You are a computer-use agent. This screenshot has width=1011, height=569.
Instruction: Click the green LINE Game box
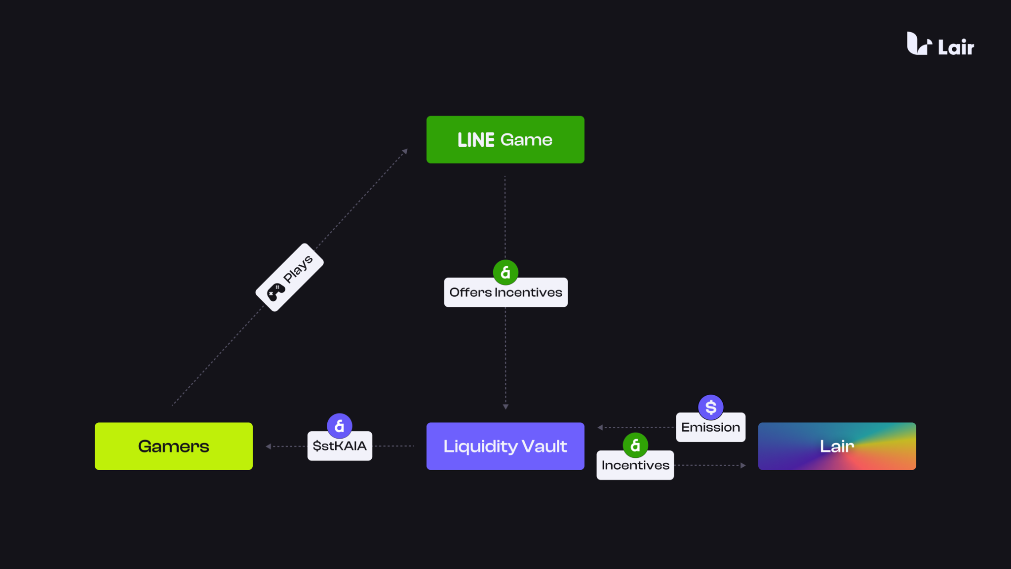tap(505, 140)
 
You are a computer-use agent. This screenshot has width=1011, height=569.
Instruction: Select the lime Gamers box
tap(173, 446)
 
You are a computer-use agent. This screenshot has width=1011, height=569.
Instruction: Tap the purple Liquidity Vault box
tap(505, 446)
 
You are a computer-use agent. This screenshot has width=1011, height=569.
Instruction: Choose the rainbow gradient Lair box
tap(837, 446)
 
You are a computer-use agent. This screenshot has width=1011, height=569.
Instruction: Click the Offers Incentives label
tap(505, 293)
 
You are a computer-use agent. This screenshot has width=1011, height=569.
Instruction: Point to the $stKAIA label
tap(340, 447)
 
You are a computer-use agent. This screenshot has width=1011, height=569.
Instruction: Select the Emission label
tap(710, 428)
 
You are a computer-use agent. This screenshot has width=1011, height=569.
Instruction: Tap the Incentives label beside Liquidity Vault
tap(635, 465)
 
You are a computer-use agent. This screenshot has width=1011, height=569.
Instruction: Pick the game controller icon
tap(275, 292)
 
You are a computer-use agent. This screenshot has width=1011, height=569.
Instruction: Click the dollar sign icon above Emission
tap(710, 407)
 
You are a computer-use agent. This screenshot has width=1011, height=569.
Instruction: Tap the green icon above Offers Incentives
tap(505, 272)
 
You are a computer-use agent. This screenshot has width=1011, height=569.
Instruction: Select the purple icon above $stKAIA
tap(340, 426)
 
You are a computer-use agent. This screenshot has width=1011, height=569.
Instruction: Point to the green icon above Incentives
tap(635, 445)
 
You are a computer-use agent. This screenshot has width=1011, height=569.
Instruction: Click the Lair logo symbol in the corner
tap(919, 43)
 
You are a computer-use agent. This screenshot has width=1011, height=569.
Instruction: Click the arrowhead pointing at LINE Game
tap(405, 151)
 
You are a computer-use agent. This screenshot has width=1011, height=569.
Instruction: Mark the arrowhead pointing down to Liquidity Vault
tap(505, 406)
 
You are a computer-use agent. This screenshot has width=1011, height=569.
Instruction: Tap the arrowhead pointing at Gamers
tap(268, 447)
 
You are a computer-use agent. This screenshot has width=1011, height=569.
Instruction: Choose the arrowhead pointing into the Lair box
tap(743, 465)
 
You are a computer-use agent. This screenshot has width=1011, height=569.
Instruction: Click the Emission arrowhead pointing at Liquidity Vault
tap(600, 428)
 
